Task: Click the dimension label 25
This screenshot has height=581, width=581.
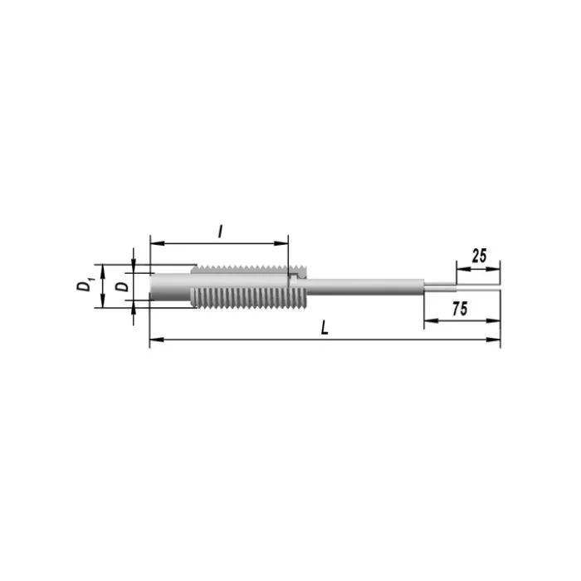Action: pyautogui.click(x=479, y=256)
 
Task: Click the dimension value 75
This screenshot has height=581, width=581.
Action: pyautogui.click(x=460, y=309)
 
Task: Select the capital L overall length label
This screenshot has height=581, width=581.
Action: pyautogui.click(x=325, y=328)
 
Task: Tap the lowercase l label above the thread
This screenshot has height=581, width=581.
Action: pyautogui.click(x=221, y=232)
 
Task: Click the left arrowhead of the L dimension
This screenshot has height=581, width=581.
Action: pyautogui.click(x=156, y=339)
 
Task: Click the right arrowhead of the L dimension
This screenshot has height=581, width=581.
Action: pyautogui.click(x=493, y=339)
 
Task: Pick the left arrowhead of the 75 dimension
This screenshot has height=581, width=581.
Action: pyautogui.click(x=431, y=321)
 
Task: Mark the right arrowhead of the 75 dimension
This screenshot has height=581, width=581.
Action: pyautogui.click(x=493, y=321)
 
